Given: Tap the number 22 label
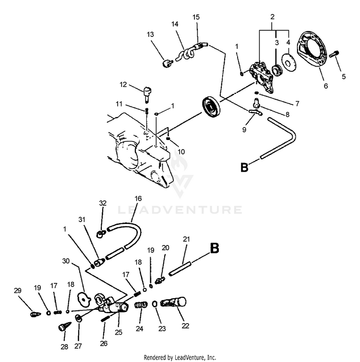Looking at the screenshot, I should [186, 326].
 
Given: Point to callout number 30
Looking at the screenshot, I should [66, 261].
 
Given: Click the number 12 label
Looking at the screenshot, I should [123, 85].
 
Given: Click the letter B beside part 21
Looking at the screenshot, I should [214, 248].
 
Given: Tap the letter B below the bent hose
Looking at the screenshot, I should [244, 167].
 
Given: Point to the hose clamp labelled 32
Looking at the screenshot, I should [100, 234].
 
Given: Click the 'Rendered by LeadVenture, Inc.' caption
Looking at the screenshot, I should [180, 357].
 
